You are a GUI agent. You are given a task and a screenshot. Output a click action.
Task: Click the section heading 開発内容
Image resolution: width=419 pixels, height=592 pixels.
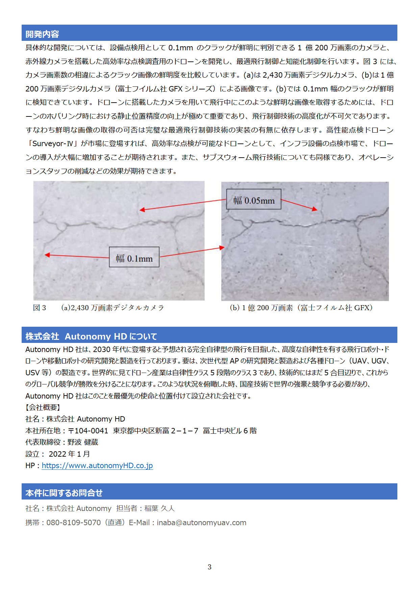click(42, 34)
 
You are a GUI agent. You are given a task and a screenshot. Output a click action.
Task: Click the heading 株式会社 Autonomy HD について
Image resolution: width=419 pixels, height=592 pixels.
click(91, 337)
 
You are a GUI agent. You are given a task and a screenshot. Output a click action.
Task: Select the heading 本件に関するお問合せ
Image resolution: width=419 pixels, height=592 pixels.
click(64, 493)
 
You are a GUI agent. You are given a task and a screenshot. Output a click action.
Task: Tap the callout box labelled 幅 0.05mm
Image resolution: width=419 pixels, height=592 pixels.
click(254, 200)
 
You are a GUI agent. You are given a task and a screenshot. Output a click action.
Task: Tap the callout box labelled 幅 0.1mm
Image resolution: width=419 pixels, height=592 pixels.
click(134, 259)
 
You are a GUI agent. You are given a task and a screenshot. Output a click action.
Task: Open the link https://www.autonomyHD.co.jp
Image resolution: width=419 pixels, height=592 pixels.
click(97, 466)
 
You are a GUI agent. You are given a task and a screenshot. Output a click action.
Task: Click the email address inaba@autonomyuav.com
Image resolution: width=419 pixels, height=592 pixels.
click(201, 523)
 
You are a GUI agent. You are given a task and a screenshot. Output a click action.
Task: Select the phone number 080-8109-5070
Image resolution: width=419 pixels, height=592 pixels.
click(73, 523)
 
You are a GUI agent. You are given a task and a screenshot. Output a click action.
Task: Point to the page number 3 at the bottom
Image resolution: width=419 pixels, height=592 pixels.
click(209, 567)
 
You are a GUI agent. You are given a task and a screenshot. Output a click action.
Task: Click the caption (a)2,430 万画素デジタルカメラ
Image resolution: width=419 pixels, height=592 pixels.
click(113, 308)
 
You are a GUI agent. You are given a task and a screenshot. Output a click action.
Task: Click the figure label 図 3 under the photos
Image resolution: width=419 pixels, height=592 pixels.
click(40, 308)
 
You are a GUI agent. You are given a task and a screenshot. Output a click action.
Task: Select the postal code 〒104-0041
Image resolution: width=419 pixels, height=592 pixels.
click(88, 431)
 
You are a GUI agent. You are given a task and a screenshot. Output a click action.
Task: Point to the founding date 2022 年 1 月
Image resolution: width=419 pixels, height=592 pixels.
click(69, 454)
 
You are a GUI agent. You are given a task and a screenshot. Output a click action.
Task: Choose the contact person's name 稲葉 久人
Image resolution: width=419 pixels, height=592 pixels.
click(159, 509)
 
